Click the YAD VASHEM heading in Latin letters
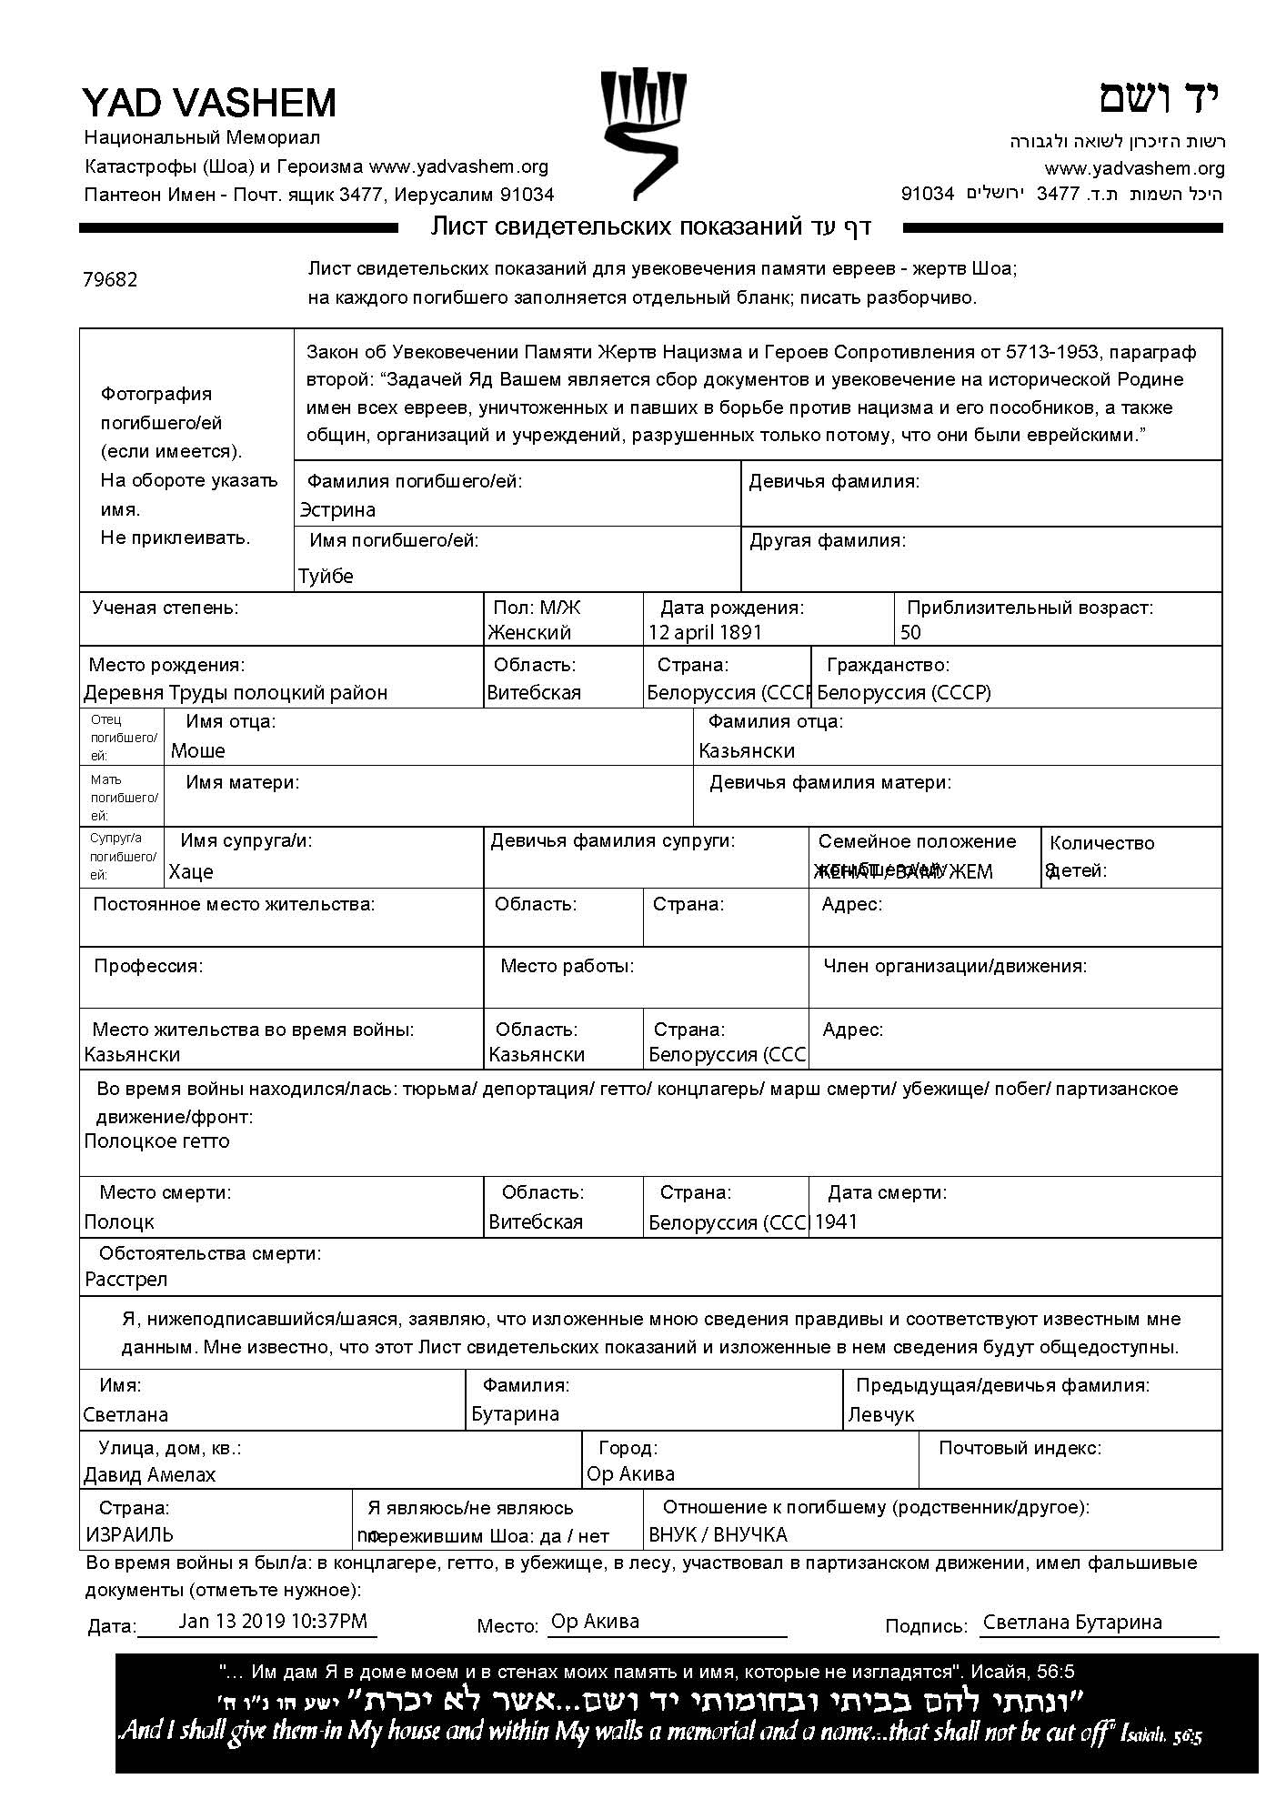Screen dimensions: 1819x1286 tap(209, 103)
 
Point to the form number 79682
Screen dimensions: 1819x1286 tap(110, 279)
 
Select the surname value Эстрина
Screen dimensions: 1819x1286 tap(337, 510)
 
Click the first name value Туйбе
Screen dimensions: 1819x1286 tap(326, 576)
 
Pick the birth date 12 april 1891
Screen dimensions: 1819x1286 tap(705, 632)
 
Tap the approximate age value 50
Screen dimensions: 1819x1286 tap(910, 632)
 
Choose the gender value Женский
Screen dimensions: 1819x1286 tap(529, 632)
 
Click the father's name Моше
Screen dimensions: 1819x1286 tap(198, 750)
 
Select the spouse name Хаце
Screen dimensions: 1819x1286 tap(191, 871)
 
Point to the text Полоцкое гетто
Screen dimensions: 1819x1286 tap(156, 1141)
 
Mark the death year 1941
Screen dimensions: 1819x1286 tap(836, 1221)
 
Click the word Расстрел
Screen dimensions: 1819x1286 tap(126, 1279)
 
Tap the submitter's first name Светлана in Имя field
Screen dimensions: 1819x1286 tap(126, 1414)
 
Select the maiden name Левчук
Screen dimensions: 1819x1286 tap(881, 1414)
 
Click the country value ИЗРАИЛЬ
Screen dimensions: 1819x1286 tap(129, 1534)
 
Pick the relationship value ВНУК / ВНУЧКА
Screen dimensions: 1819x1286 tap(718, 1534)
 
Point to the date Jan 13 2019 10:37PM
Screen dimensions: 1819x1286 tap(273, 1621)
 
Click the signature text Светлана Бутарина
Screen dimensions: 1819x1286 tap(1072, 1622)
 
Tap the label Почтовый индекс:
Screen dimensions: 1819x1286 tap(1020, 1448)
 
